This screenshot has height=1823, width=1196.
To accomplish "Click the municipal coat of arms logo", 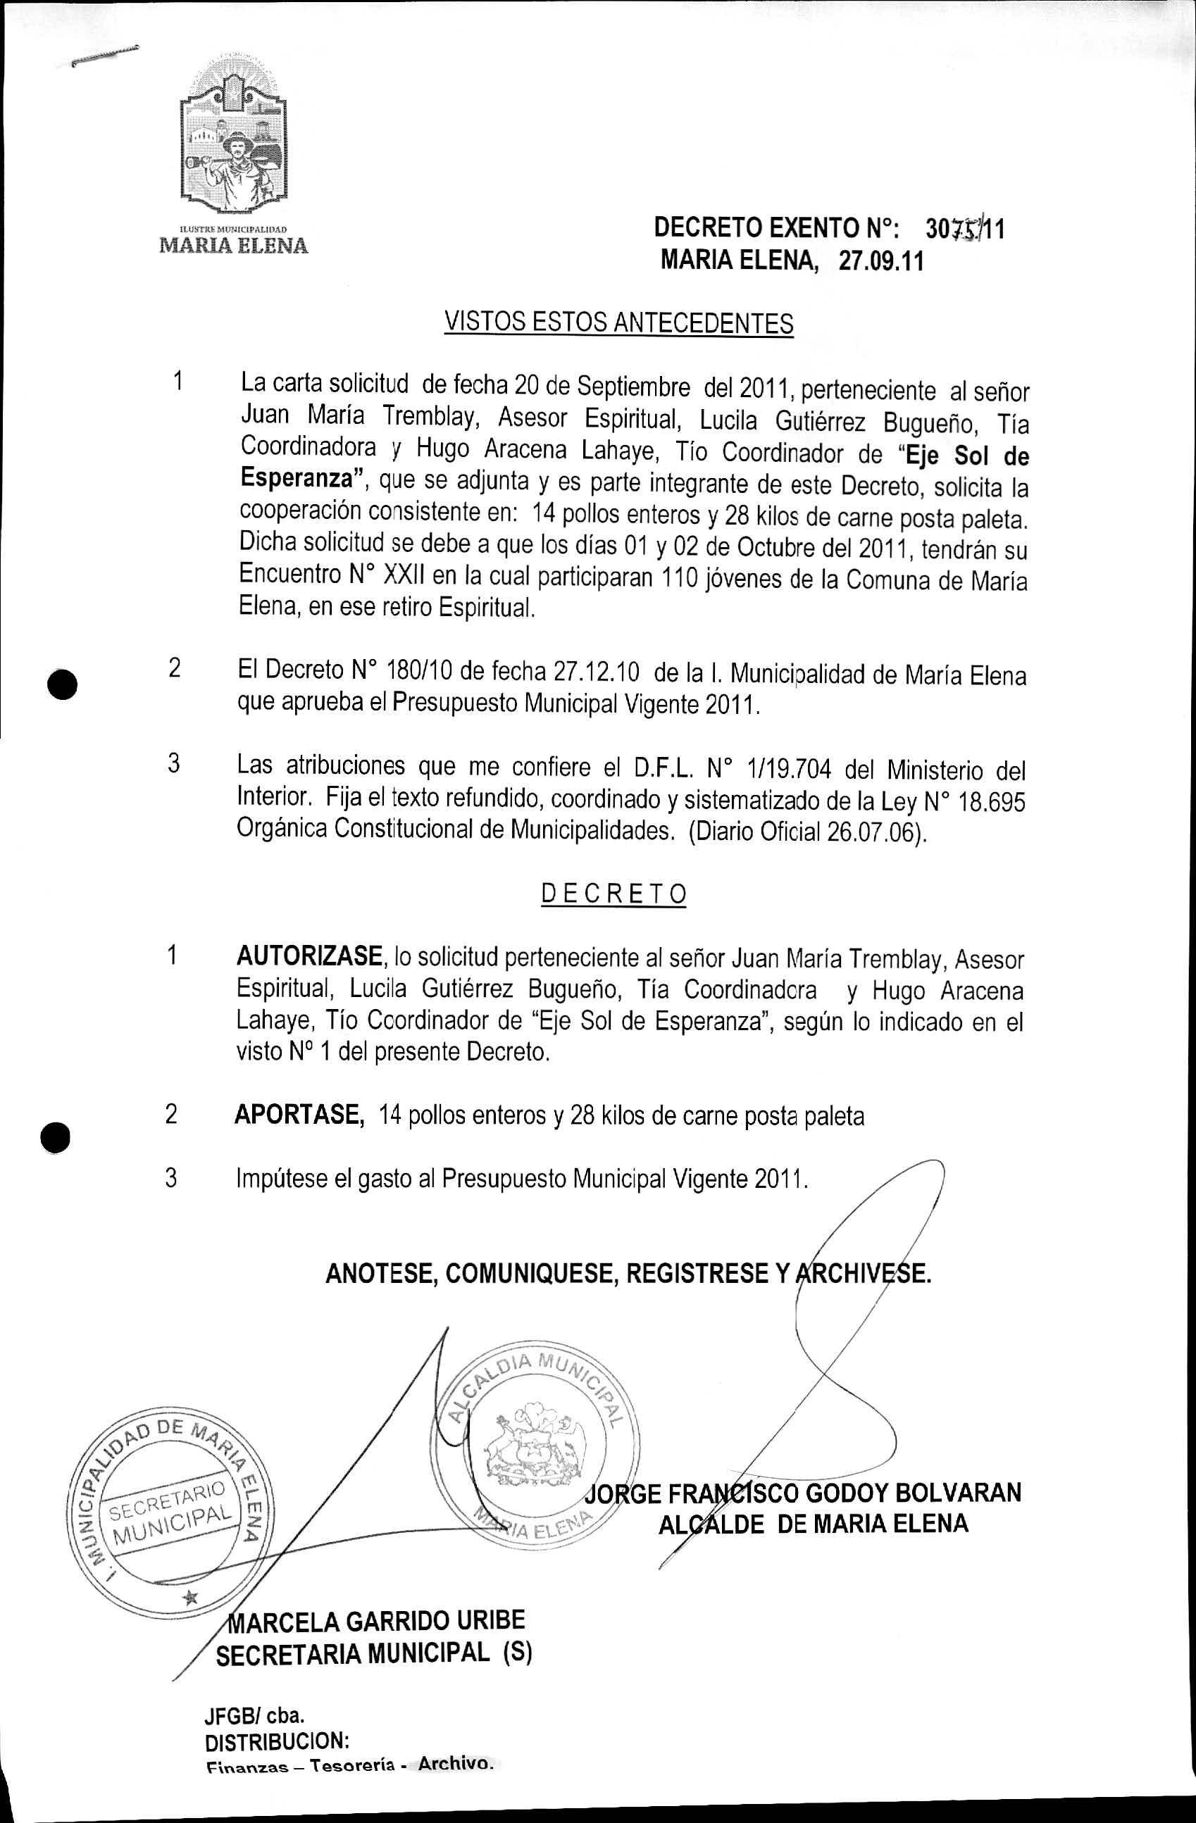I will click(233, 138).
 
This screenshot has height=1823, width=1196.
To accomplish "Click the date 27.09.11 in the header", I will click(881, 262).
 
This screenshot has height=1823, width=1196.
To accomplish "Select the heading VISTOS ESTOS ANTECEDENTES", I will click(618, 322).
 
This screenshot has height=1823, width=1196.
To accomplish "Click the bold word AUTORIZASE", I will click(309, 956).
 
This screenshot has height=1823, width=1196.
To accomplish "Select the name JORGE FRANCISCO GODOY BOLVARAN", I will click(803, 1493).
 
